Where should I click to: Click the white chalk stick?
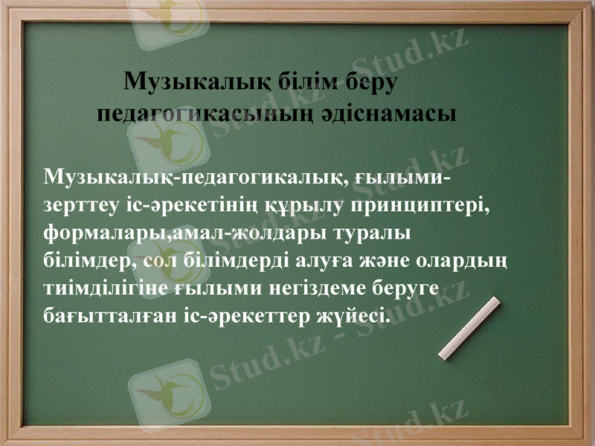point(469,329)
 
